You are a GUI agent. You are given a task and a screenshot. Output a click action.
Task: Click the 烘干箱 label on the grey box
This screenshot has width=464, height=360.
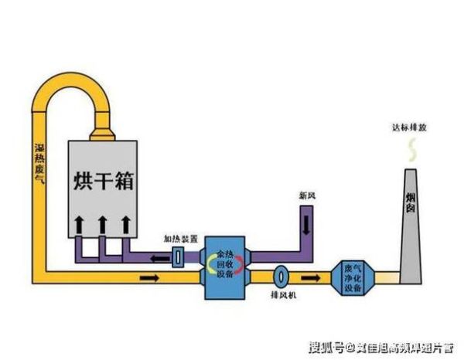pos(103,182)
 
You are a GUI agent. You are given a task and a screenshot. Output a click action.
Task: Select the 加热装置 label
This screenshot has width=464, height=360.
pos(179,239)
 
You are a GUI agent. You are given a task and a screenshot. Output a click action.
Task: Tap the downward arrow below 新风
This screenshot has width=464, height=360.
pos(307,224)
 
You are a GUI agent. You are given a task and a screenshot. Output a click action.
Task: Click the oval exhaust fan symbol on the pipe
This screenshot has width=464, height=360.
pos(281,274)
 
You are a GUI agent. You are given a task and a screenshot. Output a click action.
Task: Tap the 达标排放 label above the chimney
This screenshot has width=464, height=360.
pos(408,127)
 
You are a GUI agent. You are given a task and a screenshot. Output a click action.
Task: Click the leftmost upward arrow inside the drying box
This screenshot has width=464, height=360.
pos(79,226)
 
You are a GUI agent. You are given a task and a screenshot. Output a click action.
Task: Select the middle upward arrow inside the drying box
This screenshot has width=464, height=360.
pos(102,226)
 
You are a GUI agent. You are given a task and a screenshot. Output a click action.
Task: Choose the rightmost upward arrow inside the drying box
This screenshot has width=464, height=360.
pos(125,226)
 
